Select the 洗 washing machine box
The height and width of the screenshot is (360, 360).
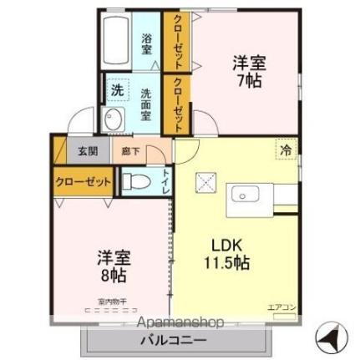(x=117, y=89)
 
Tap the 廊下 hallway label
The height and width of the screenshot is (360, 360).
(x=131, y=151)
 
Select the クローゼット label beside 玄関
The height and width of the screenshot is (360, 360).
(x=84, y=181)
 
